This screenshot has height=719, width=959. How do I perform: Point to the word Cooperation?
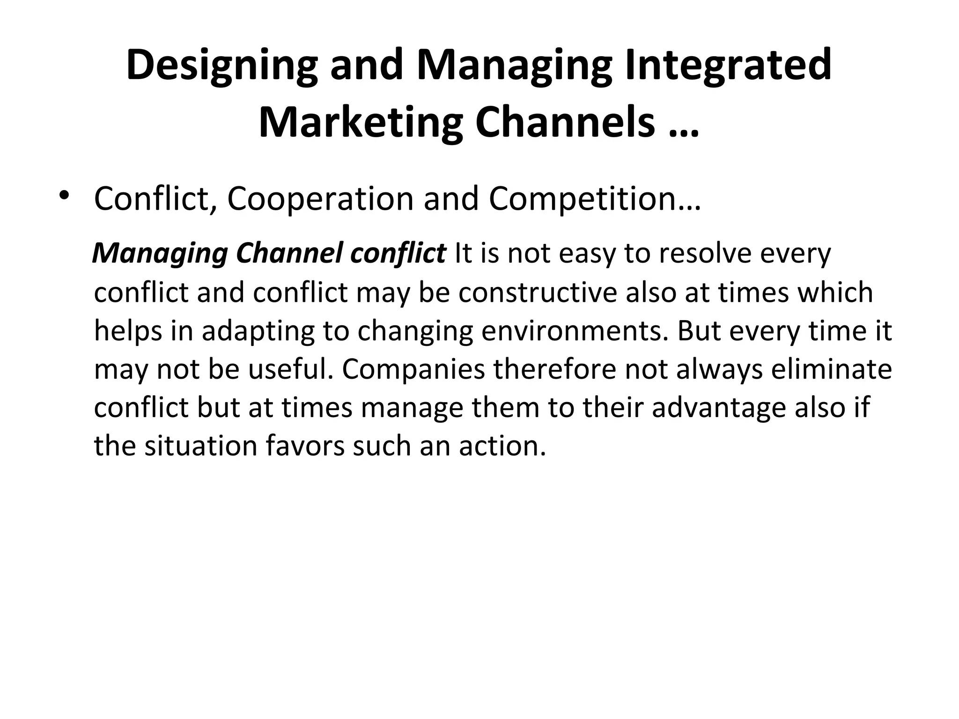pyautogui.click(x=320, y=198)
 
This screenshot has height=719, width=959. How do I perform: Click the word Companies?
pyautogui.click(x=413, y=369)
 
